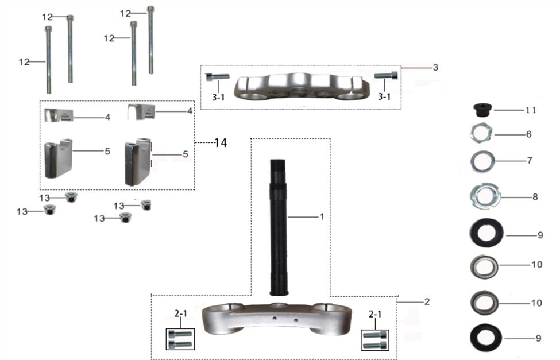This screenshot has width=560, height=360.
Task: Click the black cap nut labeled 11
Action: point(483,110)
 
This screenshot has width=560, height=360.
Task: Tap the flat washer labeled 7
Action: point(482,161)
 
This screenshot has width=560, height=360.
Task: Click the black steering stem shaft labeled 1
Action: point(278,227)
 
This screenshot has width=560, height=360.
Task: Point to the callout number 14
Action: point(221,143)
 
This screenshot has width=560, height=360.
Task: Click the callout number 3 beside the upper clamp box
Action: point(435,67)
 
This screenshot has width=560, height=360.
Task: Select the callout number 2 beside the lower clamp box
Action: point(427,302)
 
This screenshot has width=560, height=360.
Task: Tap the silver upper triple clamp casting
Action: point(302,87)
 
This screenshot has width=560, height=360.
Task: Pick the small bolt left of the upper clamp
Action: point(217,76)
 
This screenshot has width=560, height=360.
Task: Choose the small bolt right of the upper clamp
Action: point(386,75)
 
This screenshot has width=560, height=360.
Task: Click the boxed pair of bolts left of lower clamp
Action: point(180,339)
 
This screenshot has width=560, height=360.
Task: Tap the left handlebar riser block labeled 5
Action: point(58,158)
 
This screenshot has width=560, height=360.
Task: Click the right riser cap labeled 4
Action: point(141,111)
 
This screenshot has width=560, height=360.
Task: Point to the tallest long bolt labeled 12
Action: point(150,40)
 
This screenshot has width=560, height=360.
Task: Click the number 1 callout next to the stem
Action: point(322,216)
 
